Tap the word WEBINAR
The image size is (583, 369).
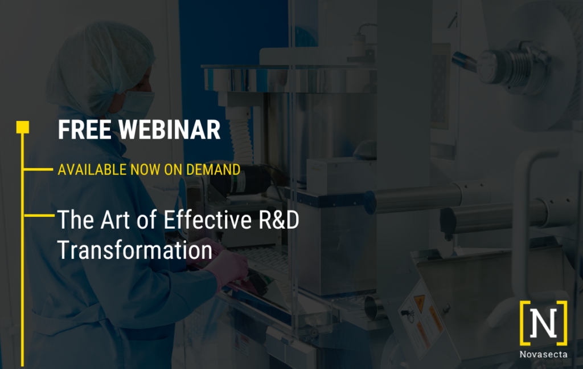point(169,130)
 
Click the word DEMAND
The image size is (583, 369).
point(213,170)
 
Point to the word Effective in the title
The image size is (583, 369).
point(208,220)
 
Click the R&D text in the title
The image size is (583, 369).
point(279,220)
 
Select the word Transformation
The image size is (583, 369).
point(134,250)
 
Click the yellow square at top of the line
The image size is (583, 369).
point(23,127)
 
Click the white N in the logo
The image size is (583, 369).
point(543,322)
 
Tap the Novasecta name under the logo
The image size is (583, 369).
point(543,354)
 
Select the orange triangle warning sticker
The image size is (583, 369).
point(420,303)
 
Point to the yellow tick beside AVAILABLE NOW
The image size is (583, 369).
point(38,169)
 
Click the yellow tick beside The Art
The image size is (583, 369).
point(39,215)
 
